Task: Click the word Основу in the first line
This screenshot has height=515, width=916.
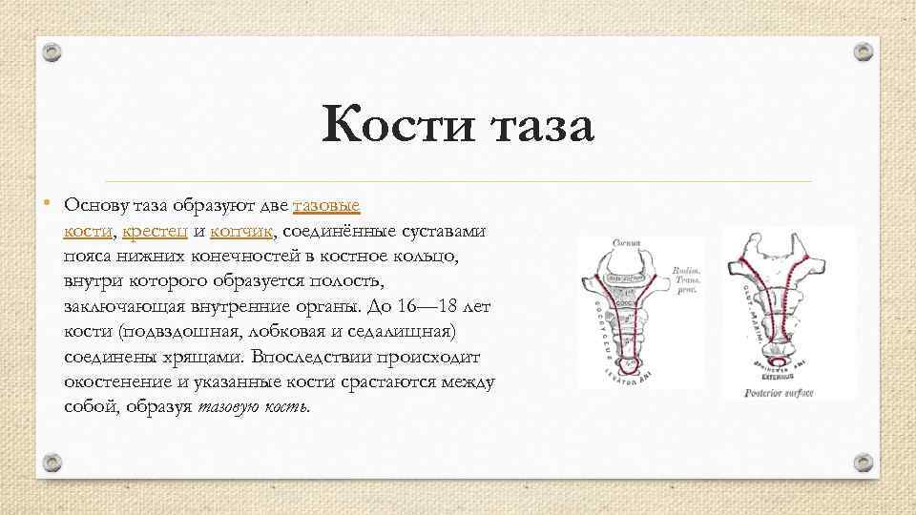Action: [94, 205]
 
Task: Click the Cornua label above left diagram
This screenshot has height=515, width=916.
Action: [625, 243]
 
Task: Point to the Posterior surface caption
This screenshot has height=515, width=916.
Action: [779, 392]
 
